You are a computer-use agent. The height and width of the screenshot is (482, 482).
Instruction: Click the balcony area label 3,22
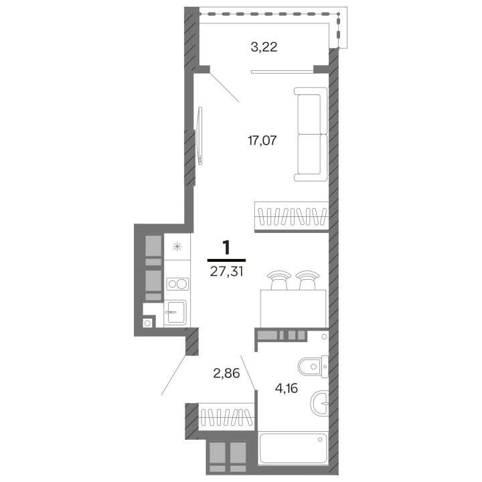(264, 47)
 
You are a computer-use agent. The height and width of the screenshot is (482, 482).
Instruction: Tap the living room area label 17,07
(262, 141)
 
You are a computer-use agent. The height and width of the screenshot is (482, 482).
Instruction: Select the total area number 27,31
(226, 271)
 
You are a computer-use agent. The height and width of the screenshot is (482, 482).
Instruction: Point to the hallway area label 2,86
(226, 373)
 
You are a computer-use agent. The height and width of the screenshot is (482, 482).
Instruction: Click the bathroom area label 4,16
(287, 388)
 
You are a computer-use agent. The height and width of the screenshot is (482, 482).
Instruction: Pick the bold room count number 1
(226, 248)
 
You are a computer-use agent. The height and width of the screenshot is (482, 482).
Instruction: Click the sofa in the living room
(311, 134)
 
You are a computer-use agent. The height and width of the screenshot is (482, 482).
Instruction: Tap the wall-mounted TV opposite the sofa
(199, 135)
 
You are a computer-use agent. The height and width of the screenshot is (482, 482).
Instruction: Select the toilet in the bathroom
(313, 366)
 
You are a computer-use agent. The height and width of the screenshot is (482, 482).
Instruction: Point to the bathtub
(293, 448)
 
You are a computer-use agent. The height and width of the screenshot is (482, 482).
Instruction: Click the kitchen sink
(175, 313)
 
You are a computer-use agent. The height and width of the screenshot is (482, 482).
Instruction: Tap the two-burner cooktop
(177, 284)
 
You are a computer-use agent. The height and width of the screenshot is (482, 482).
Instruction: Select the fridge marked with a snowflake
(177, 246)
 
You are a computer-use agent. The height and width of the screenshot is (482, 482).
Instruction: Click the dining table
(293, 309)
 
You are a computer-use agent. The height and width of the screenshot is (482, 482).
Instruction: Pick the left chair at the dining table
(279, 280)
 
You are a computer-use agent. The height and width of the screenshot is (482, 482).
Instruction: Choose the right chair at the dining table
(307, 280)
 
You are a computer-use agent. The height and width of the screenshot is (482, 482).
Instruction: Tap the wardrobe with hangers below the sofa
(291, 216)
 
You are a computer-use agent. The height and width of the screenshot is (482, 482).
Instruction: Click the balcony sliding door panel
(283, 72)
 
